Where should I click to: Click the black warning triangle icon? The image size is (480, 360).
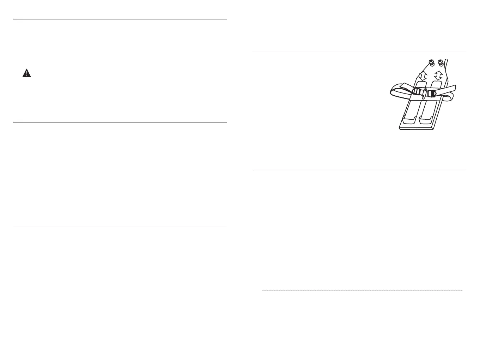(x=26, y=73)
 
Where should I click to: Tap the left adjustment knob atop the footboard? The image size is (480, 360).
(x=431, y=63)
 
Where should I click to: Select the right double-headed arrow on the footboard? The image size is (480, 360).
(x=438, y=75)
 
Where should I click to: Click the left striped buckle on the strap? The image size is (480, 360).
(x=417, y=92)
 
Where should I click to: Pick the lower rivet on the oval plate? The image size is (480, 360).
(x=424, y=95)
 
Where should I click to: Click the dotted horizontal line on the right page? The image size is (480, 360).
(x=362, y=291)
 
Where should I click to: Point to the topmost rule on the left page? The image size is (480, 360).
(x=120, y=19)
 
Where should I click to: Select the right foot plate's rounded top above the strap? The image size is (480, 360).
(x=437, y=84)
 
